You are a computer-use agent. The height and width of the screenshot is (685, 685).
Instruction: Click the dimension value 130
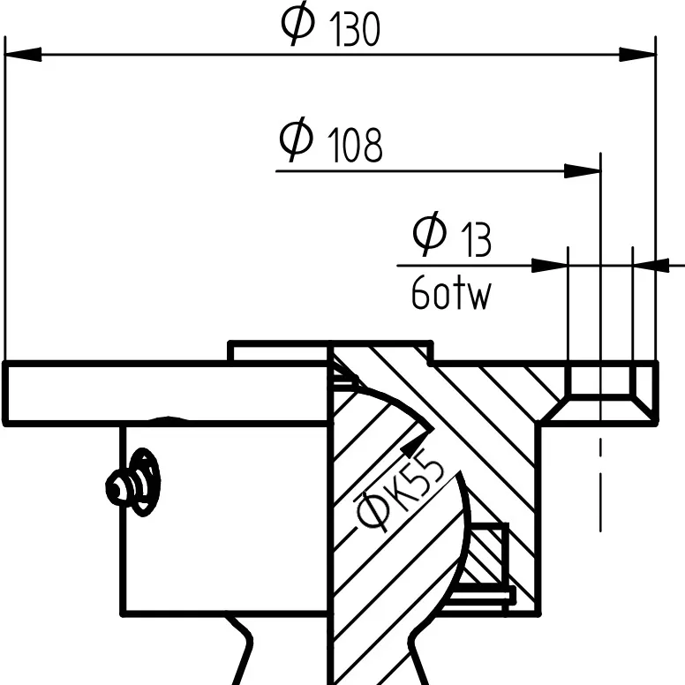coord(357,32)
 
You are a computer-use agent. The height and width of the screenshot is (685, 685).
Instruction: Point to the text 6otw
coord(450,296)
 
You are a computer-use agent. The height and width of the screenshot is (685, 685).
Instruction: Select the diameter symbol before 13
coord(431,233)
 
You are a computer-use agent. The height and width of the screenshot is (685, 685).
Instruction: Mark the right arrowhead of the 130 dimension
coord(640,55)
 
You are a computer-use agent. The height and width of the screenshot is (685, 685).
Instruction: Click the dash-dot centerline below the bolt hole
coord(600,486)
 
